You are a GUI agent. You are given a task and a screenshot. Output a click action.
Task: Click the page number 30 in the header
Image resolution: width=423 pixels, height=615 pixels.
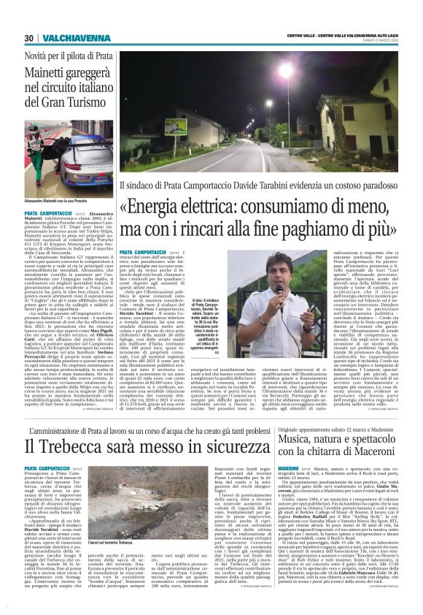(29, 38)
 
